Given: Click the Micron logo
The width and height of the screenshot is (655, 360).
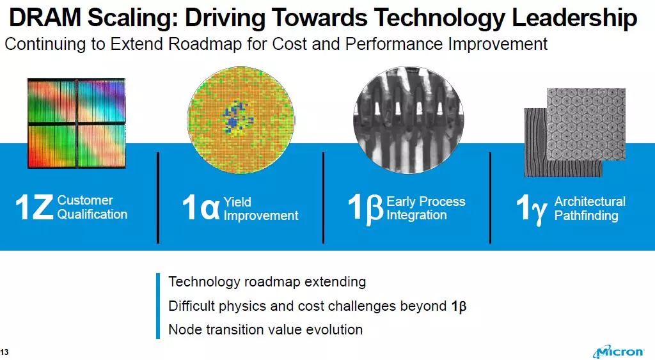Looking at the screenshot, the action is tap(619, 352).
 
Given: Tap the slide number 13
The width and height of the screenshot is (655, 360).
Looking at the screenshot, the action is tap(4, 352).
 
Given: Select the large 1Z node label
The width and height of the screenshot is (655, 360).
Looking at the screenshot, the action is tap(34, 207).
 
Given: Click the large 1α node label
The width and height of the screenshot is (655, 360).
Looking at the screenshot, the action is tap(200, 208).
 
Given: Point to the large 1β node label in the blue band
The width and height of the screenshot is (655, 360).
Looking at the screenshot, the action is tap(365, 208).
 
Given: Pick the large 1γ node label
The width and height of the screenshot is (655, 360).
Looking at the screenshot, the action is tap(532, 209).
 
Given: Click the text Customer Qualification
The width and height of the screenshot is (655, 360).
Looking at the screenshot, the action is tap(92, 207).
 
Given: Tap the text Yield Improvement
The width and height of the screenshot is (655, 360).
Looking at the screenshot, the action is tap(261, 209).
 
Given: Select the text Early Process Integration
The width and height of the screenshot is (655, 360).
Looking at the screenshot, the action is tap(425, 208).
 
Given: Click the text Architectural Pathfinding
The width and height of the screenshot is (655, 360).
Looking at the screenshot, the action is tap(590, 208).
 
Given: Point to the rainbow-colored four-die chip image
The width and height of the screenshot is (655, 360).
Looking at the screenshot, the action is tap(77, 123).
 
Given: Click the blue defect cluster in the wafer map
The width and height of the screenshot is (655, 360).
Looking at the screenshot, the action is tap(235, 118).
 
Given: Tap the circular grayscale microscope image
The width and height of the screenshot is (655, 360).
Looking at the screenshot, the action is tap(408, 120).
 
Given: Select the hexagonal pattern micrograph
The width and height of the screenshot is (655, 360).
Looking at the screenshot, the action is tap(586, 124).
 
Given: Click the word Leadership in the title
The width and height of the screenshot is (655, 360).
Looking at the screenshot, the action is tap(574, 19).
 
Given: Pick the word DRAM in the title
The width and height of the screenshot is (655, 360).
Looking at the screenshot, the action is tap(45, 18).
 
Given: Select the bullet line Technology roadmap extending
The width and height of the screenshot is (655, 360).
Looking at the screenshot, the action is tap(267, 282).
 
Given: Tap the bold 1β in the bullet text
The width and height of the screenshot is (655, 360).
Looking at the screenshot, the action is tap(459, 306).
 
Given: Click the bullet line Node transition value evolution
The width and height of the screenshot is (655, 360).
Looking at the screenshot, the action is tap(265, 329).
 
